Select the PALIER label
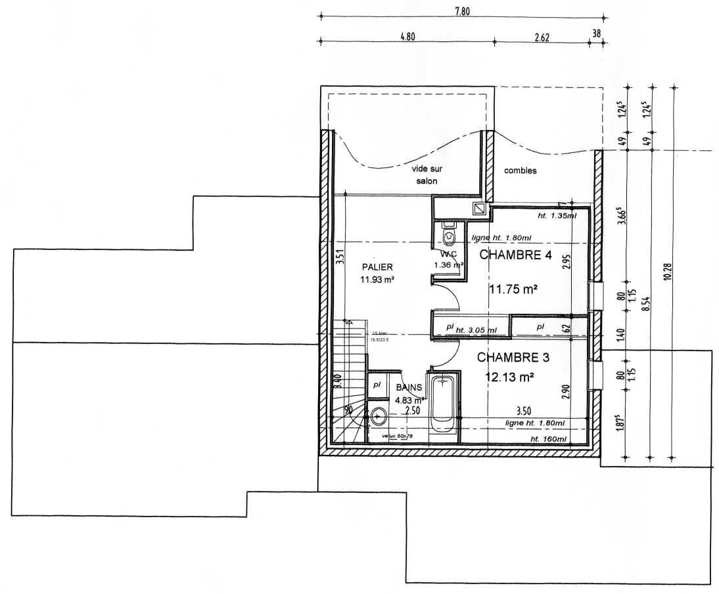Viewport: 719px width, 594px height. pyautogui.click(x=377, y=267)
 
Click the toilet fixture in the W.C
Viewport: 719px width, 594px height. pyautogui.click(x=450, y=234)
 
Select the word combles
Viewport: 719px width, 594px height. pyautogui.click(x=521, y=171)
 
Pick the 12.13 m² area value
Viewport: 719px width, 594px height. pyautogui.click(x=508, y=377)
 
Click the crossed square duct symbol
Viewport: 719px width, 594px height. pyautogui.click(x=479, y=209)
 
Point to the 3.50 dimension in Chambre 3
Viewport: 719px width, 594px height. pyautogui.click(x=524, y=412)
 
